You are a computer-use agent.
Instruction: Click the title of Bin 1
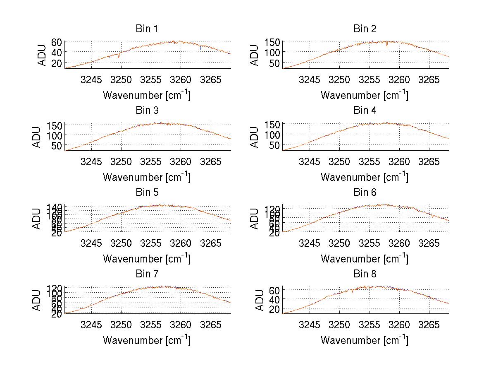point(147,29)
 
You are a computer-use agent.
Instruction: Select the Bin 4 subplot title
point(365,111)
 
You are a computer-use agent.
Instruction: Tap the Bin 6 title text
point(365,192)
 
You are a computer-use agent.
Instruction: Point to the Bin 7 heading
point(147,274)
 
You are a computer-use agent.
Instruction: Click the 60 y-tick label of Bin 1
point(57,42)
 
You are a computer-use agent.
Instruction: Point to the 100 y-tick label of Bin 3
point(55,135)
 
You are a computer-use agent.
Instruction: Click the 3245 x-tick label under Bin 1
point(91,79)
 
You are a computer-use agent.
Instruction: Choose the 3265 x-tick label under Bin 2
point(429,79)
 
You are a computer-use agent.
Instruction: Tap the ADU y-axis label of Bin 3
point(38,136)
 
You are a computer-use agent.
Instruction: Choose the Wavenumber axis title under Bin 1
point(147,95)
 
